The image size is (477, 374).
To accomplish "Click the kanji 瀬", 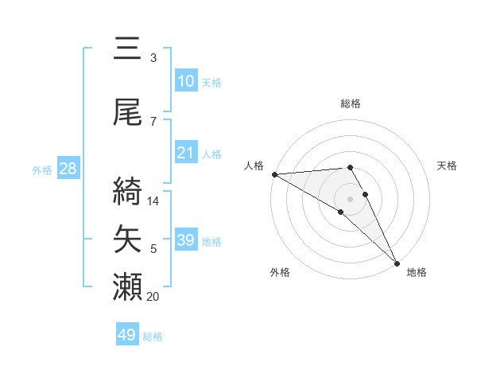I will (128, 287).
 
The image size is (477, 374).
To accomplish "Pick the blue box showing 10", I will (186, 81).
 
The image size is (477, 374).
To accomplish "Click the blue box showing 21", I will (186, 154).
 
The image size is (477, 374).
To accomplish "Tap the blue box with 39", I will (186, 240).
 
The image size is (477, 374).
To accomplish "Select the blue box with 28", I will (68, 169).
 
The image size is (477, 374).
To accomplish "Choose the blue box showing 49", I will (127, 335).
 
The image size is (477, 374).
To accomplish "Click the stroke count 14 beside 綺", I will (154, 201).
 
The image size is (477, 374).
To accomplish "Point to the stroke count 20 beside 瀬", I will (154, 297).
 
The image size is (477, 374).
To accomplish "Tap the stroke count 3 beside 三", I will (153, 58).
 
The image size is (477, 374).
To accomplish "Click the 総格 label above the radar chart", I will (351, 103).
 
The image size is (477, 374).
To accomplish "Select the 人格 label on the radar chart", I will (254, 166).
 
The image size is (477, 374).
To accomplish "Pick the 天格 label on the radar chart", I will (448, 166).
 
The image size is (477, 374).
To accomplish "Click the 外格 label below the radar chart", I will (280, 272).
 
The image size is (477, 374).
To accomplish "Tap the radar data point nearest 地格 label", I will (397, 263).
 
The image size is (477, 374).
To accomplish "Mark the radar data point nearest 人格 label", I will (274, 174).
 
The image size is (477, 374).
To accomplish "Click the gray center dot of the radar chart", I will (350, 198).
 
